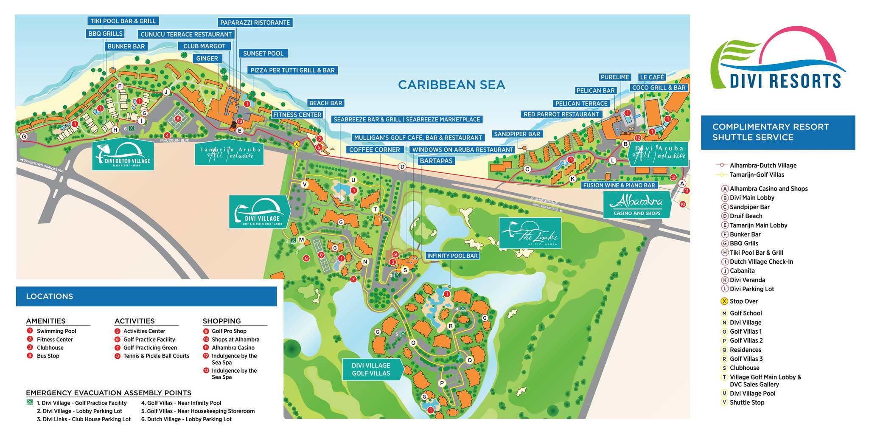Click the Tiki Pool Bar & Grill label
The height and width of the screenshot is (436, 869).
[x=123, y=21]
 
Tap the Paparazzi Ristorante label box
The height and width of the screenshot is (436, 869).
[x=255, y=23]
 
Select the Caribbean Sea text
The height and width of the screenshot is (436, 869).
[x=451, y=85]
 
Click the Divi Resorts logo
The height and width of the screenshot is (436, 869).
[x=777, y=59]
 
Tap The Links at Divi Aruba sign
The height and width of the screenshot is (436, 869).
[x=530, y=233]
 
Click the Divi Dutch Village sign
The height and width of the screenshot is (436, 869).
[x=123, y=154]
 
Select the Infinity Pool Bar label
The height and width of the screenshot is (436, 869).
[x=452, y=256]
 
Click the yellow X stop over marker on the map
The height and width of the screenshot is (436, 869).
[x=297, y=144]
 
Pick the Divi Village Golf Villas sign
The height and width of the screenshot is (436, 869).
[x=371, y=369]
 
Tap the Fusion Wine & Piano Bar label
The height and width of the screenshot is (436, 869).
[x=619, y=185]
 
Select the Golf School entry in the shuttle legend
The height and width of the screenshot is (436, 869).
[x=746, y=313]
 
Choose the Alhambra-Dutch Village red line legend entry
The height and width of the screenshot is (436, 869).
[x=762, y=166]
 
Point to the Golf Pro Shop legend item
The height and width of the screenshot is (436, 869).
[x=229, y=331]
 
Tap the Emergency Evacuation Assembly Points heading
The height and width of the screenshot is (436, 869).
[x=109, y=393]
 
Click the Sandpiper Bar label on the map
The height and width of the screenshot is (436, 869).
[x=517, y=134]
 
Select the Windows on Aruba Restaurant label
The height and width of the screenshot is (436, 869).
[x=463, y=150]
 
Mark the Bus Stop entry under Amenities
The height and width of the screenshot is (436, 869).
[x=48, y=356]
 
